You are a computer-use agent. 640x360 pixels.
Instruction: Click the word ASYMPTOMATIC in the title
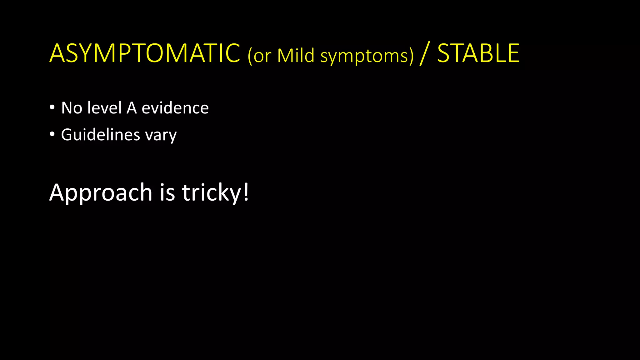pos(145,54)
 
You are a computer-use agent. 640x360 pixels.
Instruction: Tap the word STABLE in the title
pos(478,54)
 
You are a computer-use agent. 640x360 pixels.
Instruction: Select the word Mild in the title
pos(296,56)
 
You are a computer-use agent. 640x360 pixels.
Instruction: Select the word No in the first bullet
pos(72,108)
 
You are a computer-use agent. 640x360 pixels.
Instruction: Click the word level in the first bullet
pos(104,108)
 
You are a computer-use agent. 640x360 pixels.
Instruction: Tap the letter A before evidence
pos(132,108)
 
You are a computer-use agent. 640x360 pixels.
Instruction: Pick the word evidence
pos(175,108)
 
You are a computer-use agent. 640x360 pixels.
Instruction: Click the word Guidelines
pos(100,135)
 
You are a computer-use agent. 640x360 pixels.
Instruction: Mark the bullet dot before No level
pos(52,108)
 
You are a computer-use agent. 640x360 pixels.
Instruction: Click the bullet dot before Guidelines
pos(52,135)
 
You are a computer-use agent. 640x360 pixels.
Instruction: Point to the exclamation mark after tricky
pos(246,192)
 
